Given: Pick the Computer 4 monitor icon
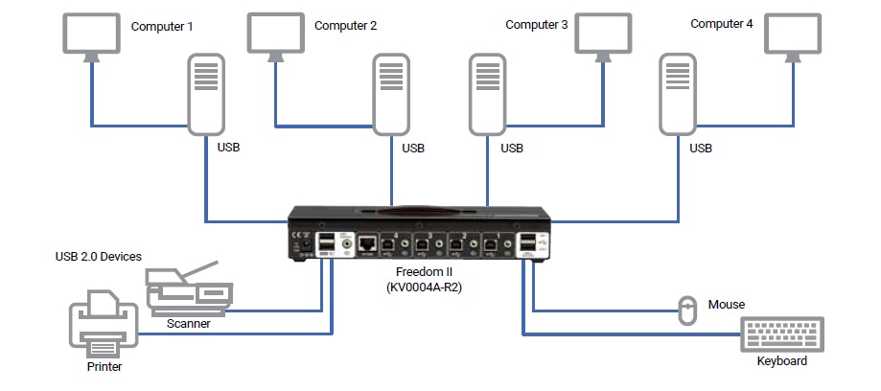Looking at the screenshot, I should [792, 34].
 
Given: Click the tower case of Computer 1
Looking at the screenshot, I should [205, 94].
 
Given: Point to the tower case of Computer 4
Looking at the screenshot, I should [679, 94].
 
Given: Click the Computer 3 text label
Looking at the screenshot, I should [537, 25].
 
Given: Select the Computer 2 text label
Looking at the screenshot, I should [346, 26].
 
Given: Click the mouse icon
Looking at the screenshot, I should [687, 310].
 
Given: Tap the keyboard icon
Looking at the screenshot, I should [784, 334].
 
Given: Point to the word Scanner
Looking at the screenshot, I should [188, 324].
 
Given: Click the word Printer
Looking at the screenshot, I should [104, 366].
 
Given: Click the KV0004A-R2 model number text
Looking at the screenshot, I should [428, 287].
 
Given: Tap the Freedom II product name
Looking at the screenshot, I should [425, 272].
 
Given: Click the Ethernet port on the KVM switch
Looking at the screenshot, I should [368, 243].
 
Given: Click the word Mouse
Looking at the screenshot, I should [727, 305].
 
